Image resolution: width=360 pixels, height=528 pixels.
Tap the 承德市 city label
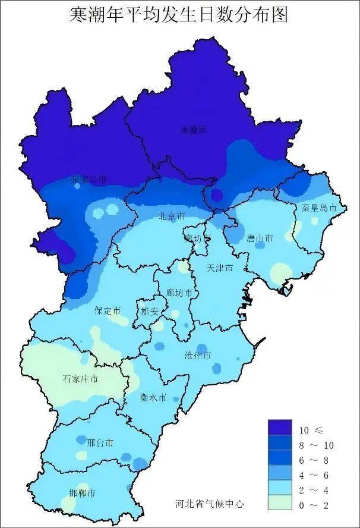[x=194, y=129]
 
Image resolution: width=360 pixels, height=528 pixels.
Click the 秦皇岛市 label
[x=319, y=208]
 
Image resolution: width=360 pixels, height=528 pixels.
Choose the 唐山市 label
[x=260, y=238]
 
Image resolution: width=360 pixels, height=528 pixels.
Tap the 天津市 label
[x=219, y=269]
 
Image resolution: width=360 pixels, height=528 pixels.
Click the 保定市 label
[x=108, y=310]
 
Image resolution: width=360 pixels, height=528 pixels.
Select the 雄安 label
[x=149, y=310]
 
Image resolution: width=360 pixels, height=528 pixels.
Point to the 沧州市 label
[x=198, y=355]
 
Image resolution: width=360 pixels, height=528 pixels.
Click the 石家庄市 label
[x=80, y=379]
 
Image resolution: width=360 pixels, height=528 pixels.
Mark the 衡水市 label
[x=153, y=397]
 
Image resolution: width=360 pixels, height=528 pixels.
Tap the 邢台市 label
[x=100, y=443]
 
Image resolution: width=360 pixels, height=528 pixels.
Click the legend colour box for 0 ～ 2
[x=279, y=504]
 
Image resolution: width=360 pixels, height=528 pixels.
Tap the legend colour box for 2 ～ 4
[x=279, y=489]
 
